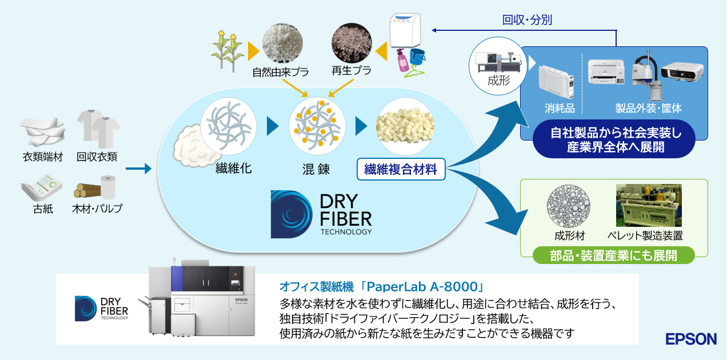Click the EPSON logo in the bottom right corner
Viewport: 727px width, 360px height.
coord(691,339)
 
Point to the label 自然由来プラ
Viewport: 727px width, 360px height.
coord(280,73)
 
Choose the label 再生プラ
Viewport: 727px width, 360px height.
coord(351,71)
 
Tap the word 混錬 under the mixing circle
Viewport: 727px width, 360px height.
coord(316,169)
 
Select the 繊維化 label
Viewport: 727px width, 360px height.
coord(234,169)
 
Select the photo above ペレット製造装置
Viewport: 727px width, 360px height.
coord(648,206)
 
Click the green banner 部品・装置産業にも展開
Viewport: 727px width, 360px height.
coord(614,255)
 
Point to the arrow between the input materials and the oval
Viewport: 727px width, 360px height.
coord(138,169)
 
